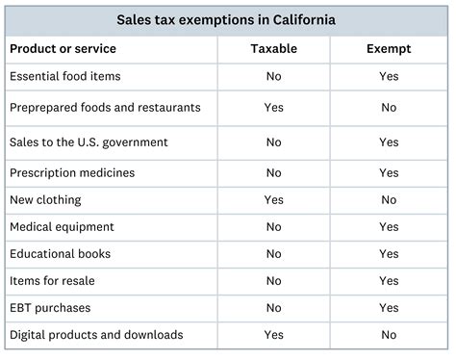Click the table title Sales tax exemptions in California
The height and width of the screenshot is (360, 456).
click(227, 19)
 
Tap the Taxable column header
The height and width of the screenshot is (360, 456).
click(273, 48)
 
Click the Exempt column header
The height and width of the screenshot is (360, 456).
click(389, 48)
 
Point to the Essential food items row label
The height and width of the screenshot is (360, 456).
click(64, 76)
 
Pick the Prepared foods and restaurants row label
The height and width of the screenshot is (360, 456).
click(105, 108)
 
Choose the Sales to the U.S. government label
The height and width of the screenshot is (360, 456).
click(89, 142)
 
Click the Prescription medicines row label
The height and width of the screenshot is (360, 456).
click(72, 173)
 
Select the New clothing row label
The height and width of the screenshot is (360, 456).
click(45, 200)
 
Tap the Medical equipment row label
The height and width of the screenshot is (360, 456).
click(62, 227)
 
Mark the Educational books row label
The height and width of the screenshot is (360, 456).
click(60, 254)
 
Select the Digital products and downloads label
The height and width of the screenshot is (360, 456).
click(95, 335)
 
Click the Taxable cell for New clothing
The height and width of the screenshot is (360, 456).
click(273, 200)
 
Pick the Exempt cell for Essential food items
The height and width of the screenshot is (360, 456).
click(389, 76)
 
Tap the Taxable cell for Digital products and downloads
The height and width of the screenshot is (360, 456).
click(273, 335)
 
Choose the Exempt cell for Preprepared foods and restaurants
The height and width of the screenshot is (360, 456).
click(389, 108)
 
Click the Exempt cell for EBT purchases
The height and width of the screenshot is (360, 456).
click(389, 308)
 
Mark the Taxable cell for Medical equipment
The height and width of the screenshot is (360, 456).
click(273, 227)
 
